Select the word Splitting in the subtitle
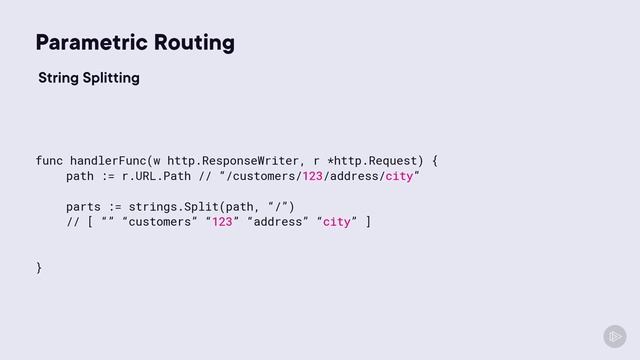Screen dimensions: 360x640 point(110,78)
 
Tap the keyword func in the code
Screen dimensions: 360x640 point(50,160)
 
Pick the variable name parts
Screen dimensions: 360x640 point(85,207)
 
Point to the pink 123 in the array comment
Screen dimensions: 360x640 point(223,222)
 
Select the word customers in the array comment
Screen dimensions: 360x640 point(156,222)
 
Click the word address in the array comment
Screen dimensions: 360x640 point(279,222)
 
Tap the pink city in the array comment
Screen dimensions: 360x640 point(337,222)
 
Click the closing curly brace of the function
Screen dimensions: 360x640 point(39,267)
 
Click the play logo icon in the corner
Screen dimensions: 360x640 point(614,336)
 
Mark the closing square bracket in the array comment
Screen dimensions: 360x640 point(368,222)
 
